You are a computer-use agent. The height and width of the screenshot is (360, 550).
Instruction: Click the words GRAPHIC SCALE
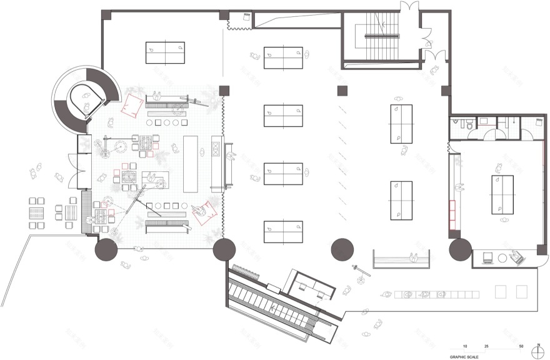pos(464,357)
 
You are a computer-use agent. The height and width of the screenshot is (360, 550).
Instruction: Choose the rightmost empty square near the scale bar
pos(521,292)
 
